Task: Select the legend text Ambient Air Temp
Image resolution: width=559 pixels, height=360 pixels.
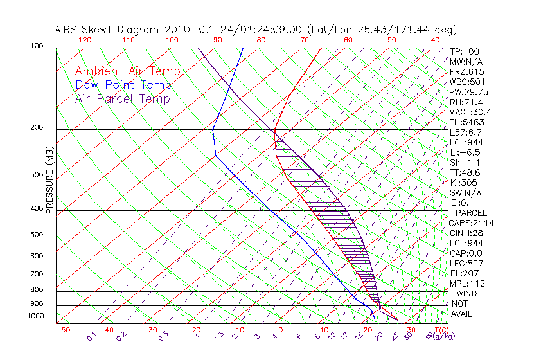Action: pos(128,72)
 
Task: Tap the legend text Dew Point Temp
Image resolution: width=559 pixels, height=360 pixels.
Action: pos(123,85)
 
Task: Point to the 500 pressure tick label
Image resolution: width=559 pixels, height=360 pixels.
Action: pos(37,235)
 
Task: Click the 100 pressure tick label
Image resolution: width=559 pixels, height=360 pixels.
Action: pos(37,46)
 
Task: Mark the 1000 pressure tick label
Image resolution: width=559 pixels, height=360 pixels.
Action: pos(35,316)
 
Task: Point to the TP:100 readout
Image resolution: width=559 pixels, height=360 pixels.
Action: pos(464,51)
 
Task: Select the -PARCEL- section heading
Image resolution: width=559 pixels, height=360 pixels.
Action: pos(472,213)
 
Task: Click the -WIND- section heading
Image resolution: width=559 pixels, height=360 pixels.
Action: pos(467,293)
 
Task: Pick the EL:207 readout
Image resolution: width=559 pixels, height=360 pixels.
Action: pos(464,273)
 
